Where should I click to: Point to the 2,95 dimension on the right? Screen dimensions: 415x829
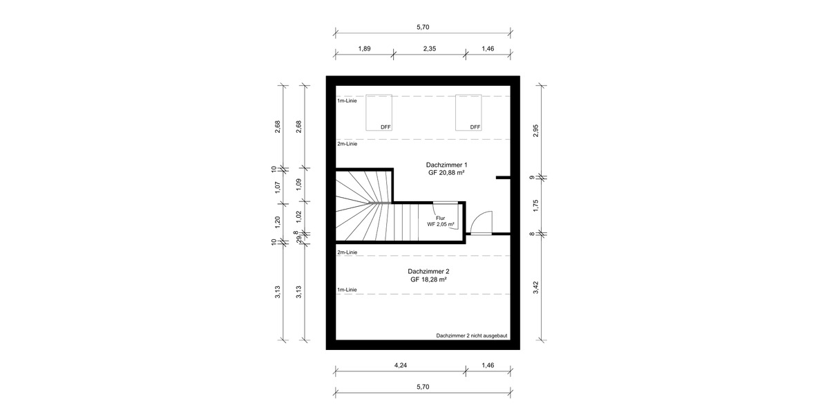pyautogui.click(x=535, y=131)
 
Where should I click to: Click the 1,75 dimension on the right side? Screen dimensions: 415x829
pyautogui.click(x=535, y=205)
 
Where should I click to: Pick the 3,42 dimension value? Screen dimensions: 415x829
pyautogui.click(x=535, y=287)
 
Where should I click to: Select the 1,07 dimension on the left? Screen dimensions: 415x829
pyautogui.click(x=277, y=186)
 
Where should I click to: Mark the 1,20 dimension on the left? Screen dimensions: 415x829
pyautogui.click(x=277, y=221)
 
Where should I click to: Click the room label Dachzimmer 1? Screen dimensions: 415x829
pyautogui.click(x=446, y=165)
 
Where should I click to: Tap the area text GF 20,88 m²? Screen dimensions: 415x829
pyautogui.click(x=446, y=174)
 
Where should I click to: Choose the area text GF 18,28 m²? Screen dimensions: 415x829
pyautogui.click(x=428, y=280)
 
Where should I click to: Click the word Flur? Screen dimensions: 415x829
pyautogui.click(x=440, y=218)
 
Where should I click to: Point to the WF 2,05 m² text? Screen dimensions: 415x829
pyautogui.click(x=440, y=225)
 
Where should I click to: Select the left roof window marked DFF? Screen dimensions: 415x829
pyautogui.click(x=379, y=112)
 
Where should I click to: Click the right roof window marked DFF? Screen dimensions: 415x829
pyautogui.click(x=468, y=112)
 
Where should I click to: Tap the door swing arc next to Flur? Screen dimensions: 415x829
pyautogui.click(x=481, y=221)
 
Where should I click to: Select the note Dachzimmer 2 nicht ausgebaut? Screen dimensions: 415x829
pyautogui.click(x=472, y=335)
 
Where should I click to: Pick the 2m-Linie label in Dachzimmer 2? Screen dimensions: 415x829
pyautogui.click(x=347, y=252)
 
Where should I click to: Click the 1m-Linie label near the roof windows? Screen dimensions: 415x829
pyautogui.click(x=347, y=101)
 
